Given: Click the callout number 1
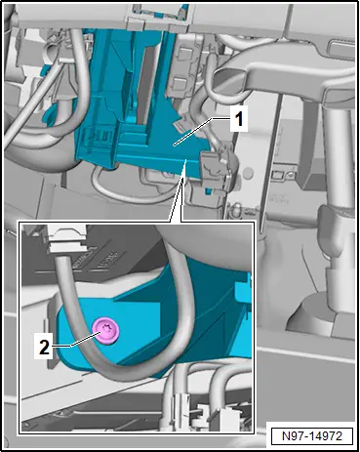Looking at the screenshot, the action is tap(239, 119).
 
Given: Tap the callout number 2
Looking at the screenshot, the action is tap(44, 348).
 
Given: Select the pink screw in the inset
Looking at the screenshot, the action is tap(105, 331).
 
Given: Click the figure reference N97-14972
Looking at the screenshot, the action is tap(312, 435).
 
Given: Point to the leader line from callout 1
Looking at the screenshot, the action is tap(202, 132).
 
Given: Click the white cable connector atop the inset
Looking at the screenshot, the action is tap(66, 240).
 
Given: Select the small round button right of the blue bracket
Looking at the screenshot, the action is tap(249, 171).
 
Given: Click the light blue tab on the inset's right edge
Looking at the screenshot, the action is tap(245, 289).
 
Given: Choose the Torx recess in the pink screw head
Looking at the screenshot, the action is tap(105, 330).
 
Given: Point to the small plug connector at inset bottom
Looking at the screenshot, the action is tap(180, 403).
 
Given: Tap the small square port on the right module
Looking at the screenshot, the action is tap(279, 175).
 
